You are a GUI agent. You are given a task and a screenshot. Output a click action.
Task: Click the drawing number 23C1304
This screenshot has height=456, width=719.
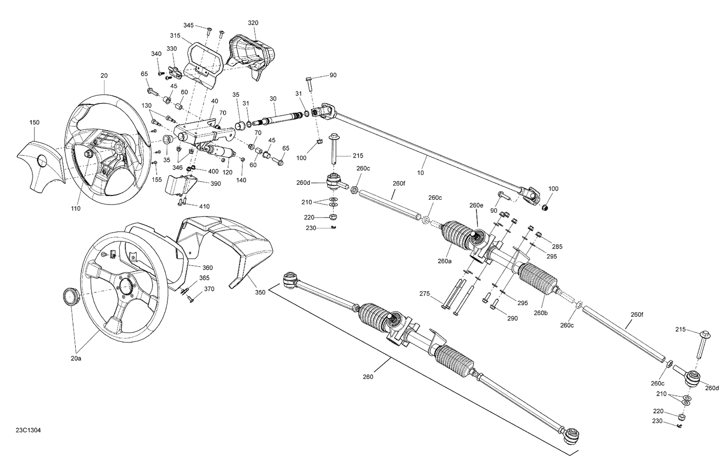(x=28, y=444)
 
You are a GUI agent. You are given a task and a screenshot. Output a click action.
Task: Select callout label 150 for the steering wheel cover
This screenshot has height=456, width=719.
(x=34, y=123)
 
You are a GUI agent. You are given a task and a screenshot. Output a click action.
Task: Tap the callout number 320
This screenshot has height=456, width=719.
(x=253, y=23)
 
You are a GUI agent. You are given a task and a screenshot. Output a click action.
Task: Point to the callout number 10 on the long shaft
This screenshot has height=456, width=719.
(x=420, y=173)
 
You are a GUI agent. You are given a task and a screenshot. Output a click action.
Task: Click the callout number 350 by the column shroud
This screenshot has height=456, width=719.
(x=260, y=292)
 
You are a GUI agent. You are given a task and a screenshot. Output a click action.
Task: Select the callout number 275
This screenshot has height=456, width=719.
(x=425, y=294)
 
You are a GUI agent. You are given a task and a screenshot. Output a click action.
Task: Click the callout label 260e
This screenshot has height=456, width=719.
(x=476, y=205)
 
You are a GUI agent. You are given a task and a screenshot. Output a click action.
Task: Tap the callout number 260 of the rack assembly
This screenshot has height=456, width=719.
(x=368, y=377)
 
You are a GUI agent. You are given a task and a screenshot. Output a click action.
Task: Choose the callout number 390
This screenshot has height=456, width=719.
(x=215, y=183)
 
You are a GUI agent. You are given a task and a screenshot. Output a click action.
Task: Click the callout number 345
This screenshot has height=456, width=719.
(x=189, y=25)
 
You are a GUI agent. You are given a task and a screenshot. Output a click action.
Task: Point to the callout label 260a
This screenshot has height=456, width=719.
(x=444, y=261)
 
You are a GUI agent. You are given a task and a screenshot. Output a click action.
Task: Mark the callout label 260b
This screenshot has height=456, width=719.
(x=540, y=313)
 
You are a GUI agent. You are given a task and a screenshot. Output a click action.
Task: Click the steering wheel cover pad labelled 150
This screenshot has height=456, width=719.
(x=40, y=160)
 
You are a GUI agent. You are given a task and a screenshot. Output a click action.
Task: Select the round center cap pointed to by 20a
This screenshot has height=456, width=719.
(x=70, y=297)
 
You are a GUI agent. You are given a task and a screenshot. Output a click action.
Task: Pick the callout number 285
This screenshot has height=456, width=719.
(x=557, y=247)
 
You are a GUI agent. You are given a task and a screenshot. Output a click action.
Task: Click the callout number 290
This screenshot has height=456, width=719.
(x=512, y=319)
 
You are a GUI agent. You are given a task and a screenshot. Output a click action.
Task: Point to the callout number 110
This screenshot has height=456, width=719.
(x=76, y=208)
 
